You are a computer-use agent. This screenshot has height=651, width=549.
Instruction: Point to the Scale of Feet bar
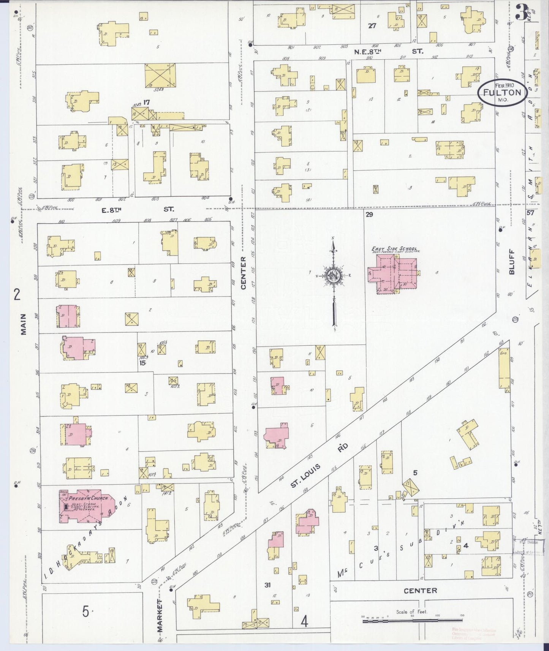tap(412, 620)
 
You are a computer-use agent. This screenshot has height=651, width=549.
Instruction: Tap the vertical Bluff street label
tap(511, 262)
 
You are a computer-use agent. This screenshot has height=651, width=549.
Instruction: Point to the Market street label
tap(160, 615)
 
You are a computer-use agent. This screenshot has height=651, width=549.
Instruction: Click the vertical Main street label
tap(24, 324)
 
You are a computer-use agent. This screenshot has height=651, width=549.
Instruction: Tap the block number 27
tap(372, 25)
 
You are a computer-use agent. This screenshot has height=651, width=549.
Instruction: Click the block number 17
tap(146, 102)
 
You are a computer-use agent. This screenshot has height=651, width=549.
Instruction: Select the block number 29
tap(369, 215)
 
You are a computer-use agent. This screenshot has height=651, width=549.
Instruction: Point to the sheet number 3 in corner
tap(521, 14)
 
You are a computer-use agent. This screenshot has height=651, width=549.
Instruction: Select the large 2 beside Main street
tap(16, 294)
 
